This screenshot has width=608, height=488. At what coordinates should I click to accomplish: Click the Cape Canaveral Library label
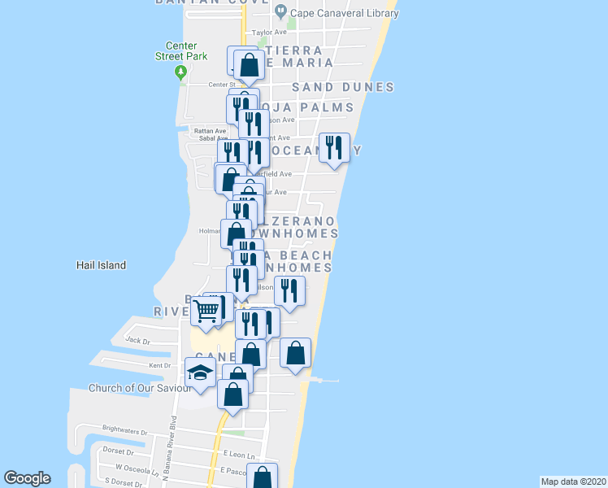tap(332, 11)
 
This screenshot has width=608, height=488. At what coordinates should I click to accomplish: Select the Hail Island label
tap(101, 265)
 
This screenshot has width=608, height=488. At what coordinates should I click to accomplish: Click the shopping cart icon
tap(206, 310)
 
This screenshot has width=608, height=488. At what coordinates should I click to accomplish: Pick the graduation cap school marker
tap(200, 373)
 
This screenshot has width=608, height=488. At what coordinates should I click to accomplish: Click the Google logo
tap(27, 478)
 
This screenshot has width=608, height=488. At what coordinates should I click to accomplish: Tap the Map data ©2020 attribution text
tap(572, 481)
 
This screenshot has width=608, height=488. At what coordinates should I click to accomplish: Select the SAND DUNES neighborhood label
tap(342, 87)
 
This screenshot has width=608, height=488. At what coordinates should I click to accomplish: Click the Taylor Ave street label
tap(270, 33)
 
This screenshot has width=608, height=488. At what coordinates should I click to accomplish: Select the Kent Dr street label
tap(161, 366)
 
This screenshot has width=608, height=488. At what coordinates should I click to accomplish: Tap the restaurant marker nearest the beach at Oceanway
tap(334, 148)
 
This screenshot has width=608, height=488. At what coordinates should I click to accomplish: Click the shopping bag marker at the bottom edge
tap(262, 477)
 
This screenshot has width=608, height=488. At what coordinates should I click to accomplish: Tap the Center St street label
tap(220, 84)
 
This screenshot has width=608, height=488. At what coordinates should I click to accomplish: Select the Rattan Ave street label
tap(202, 129)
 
